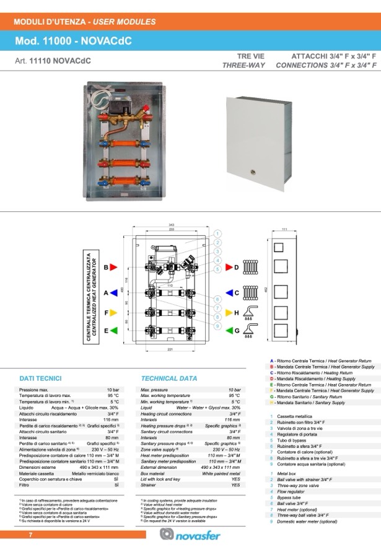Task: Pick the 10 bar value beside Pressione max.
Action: click(112, 389)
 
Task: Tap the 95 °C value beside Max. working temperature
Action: click(234, 395)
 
